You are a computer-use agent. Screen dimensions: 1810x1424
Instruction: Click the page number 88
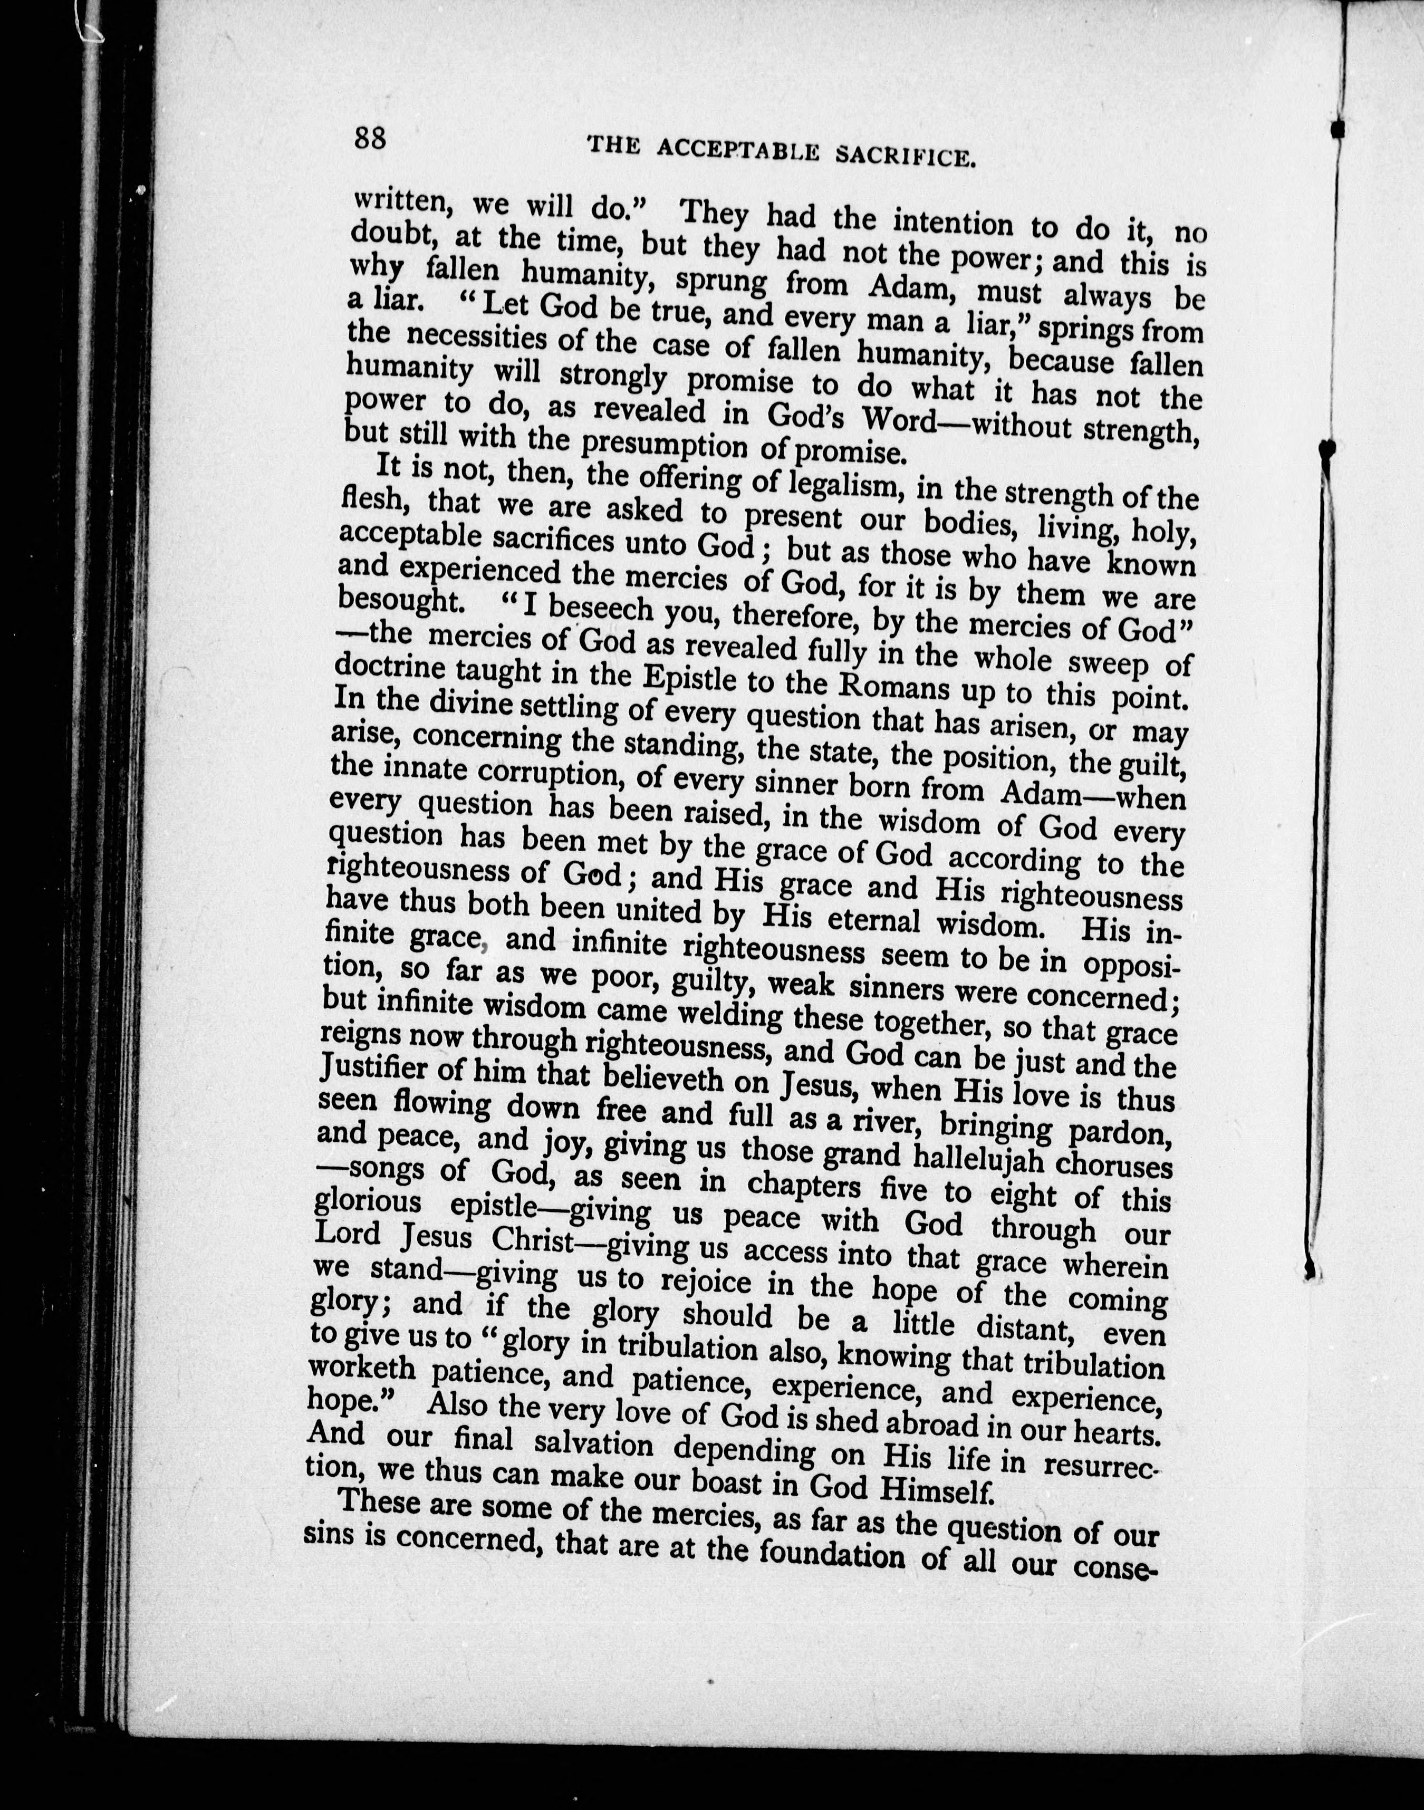click(369, 138)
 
